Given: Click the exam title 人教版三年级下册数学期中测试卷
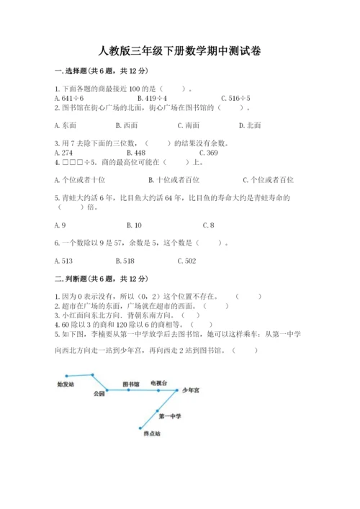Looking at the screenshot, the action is (179, 51).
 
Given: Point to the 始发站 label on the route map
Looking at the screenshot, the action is (66, 384).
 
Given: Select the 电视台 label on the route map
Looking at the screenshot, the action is (159, 382).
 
